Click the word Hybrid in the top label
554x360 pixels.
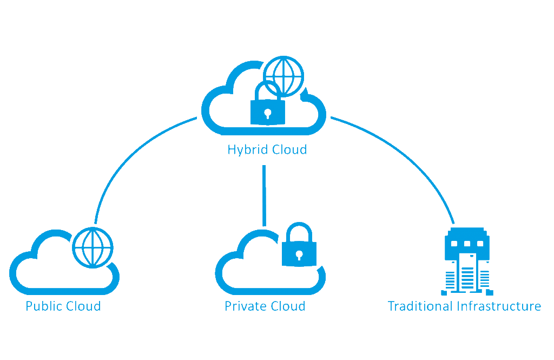[247, 149]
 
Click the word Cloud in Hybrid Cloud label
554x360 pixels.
[289, 149]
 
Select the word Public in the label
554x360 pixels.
[43, 306]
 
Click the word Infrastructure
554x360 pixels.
[498, 306]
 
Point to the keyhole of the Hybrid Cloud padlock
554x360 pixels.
[267, 113]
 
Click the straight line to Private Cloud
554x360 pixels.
[264, 195]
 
